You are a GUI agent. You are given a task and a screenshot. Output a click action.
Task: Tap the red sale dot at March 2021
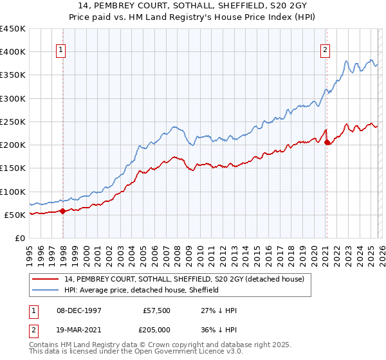pyautogui.click(x=327, y=142)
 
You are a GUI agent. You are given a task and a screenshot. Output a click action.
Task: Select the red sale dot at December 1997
pyautogui.click(x=62, y=211)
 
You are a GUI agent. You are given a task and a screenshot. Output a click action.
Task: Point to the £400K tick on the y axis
pyautogui.click(x=12, y=52)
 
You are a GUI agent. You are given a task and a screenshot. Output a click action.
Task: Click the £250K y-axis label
pyautogui.click(x=12, y=122)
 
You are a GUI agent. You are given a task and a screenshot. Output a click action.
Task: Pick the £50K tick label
pyautogui.click(x=15, y=215)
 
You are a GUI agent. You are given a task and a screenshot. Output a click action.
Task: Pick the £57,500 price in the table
pyautogui.click(x=157, y=310)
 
